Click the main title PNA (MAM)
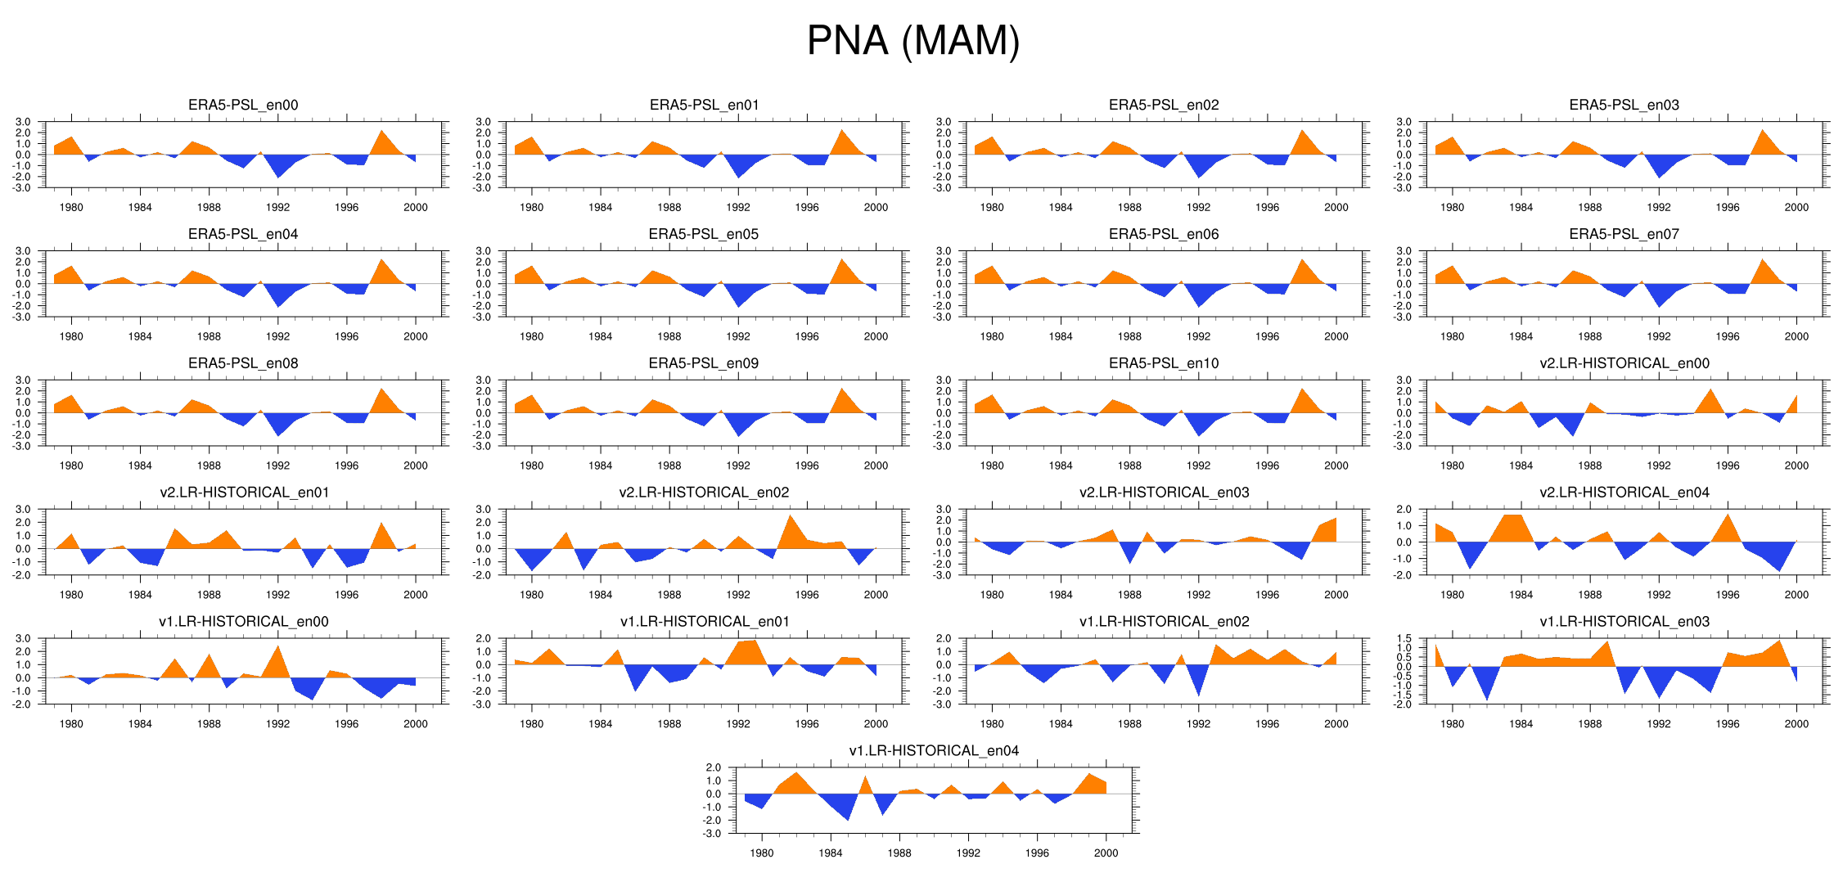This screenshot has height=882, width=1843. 913,41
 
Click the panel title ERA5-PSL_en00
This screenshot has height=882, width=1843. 243,105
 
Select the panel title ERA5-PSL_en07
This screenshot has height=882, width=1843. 1624,234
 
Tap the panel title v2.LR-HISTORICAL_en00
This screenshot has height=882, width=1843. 1624,363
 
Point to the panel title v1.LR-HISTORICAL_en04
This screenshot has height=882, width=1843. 934,750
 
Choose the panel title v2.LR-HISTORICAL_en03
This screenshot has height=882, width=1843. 1164,493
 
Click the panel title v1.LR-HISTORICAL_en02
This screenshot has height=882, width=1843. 1164,622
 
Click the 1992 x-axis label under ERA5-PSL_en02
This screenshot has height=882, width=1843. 1198,208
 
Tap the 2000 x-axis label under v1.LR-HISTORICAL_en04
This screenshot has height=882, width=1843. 1106,853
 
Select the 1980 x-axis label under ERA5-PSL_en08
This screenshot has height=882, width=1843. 71,466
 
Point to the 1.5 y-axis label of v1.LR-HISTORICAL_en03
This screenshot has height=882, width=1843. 1404,638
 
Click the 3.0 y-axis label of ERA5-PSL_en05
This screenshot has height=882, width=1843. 483,251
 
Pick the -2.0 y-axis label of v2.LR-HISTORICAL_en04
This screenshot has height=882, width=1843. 1404,575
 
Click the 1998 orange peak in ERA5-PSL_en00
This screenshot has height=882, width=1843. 381,133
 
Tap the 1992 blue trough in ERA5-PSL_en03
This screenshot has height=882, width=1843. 1659,174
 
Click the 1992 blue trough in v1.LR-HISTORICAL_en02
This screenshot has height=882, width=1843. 1198,692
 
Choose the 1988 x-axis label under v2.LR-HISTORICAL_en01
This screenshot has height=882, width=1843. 209,596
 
